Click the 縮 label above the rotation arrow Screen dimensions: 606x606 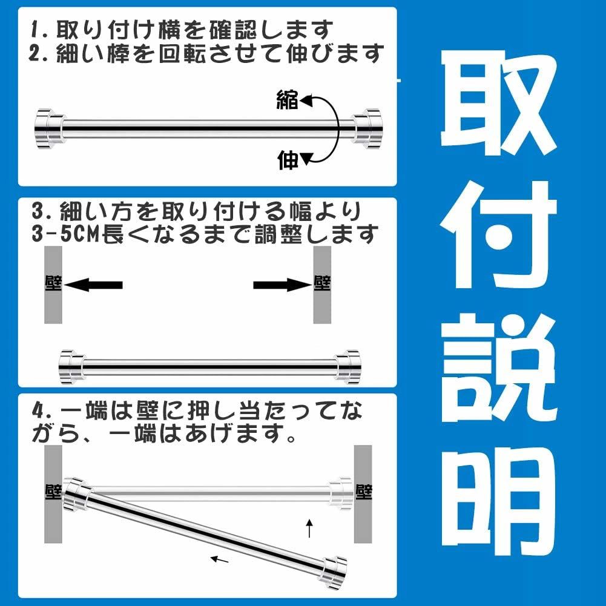pyautogui.click(x=288, y=99)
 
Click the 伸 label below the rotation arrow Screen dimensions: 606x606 pyautogui.click(x=288, y=160)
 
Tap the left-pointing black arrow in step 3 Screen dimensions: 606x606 pyautogui.click(x=93, y=285)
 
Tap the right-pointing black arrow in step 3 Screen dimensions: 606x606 pyautogui.click(x=283, y=285)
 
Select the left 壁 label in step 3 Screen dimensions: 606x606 pyautogui.click(x=53, y=283)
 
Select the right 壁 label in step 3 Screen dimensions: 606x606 pyautogui.click(x=322, y=283)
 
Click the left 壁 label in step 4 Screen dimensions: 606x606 pyautogui.click(x=53, y=492)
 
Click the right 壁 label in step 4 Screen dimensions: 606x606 pyautogui.click(x=363, y=492)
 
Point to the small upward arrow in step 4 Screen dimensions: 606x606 pyautogui.click(x=309, y=528)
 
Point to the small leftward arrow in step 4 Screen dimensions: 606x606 pyautogui.click(x=220, y=559)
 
